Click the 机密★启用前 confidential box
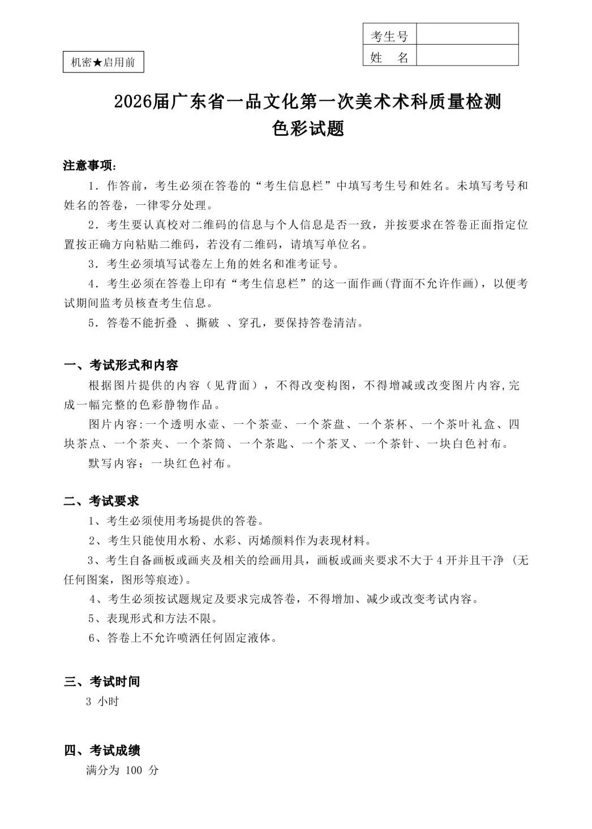(x=103, y=62)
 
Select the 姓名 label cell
(x=389, y=57)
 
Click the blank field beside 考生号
(x=467, y=34)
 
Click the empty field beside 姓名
(x=467, y=56)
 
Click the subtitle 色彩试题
(x=308, y=129)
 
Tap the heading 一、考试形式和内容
(x=121, y=365)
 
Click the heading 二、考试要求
(x=101, y=501)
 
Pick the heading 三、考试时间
(x=102, y=682)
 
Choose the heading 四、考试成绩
(x=102, y=751)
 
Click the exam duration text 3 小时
(x=102, y=702)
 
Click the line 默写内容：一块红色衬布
(x=160, y=463)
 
